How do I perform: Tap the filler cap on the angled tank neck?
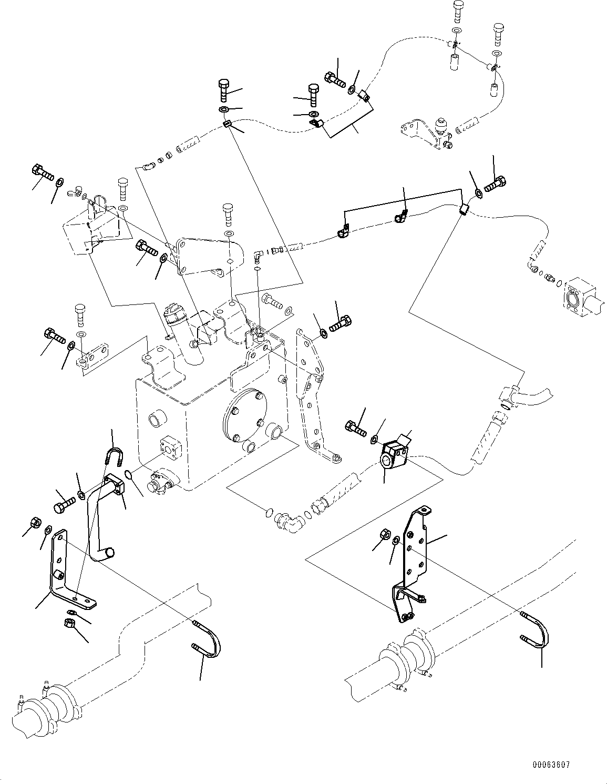pyautogui.click(x=173, y=314)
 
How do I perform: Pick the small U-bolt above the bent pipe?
pyautogui.click(x=114, y=455)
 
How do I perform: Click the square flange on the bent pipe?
pyautogui.click(x=115, y=484)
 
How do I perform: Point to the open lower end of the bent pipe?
pyautogui.click(x=108, y=553)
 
